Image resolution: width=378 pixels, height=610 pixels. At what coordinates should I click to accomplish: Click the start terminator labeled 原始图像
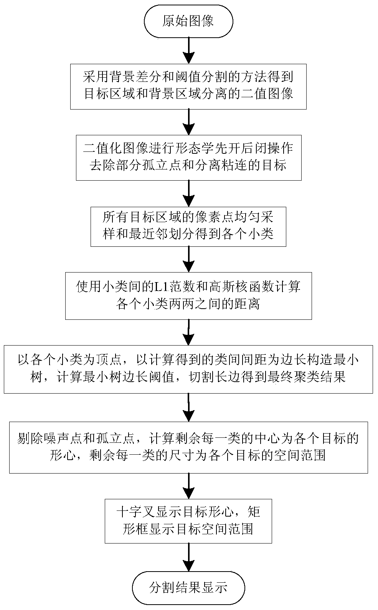point(188,21)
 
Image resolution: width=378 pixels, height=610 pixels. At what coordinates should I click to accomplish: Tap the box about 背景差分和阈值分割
point(188,86)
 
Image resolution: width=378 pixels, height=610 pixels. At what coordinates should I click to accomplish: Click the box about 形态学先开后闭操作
point(188,158)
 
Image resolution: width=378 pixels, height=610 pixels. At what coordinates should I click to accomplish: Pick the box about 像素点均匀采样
point(188,227)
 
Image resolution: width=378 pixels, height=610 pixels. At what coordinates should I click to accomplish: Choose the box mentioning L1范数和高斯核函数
point(188,296)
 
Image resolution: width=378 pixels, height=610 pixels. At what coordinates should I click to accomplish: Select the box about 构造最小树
point(188,369)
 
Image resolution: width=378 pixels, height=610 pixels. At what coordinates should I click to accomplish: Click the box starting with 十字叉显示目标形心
point(188,521)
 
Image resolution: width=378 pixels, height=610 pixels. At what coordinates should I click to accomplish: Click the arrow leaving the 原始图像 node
point(188,50)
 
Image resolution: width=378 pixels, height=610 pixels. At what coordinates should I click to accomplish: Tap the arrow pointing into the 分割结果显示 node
point(188,557)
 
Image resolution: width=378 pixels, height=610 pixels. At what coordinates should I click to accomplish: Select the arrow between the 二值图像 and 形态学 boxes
point(188,122)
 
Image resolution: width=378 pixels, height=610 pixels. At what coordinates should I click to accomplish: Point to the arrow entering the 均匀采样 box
point(188,193)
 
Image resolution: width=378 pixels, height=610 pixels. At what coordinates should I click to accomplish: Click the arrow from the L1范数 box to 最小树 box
point(188,332)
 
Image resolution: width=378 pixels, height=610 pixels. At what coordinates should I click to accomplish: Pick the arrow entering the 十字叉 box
point(188,486)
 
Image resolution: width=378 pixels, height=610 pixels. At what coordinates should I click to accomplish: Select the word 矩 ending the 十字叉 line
point(254,513)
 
